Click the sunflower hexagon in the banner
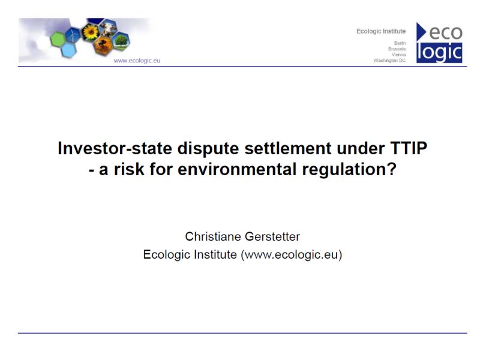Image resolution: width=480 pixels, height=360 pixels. (91, 32)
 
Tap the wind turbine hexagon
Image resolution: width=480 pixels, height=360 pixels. (73, 35)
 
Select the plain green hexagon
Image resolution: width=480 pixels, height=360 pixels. (58, 40)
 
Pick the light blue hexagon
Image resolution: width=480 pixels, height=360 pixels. (68, 50)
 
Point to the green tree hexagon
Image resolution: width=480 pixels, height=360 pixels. (121, 41)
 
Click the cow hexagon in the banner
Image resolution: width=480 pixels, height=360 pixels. (109, 28)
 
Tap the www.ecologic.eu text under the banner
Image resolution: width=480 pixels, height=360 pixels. (137, 61)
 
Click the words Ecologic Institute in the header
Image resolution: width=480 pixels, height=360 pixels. (381, 31)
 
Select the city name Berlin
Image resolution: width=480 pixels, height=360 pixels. (400, 43)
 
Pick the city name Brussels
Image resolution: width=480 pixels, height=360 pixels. (397, 49)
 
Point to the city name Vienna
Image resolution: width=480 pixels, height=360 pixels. (398, 55)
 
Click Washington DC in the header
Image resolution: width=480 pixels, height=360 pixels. (389, 61)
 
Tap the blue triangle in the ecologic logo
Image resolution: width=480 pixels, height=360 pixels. (421, 32)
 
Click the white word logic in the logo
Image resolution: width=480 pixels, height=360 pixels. (439, 53)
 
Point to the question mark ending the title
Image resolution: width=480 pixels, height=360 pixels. (392, 169)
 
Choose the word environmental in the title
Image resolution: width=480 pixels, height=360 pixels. (237, 169)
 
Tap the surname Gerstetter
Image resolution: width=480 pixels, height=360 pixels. (272, 236)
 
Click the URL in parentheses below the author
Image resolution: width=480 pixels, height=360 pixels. (292, 254)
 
